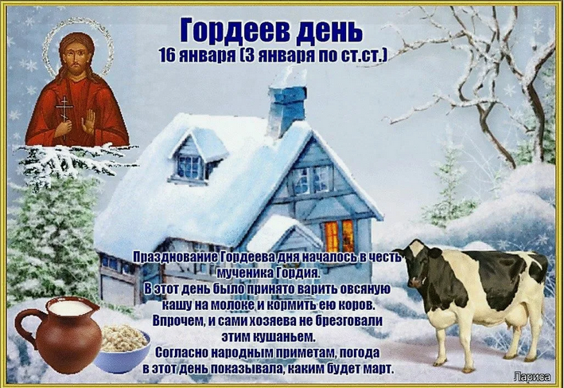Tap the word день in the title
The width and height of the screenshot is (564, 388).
pos(329,31)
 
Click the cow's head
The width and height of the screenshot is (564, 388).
pos(418,267)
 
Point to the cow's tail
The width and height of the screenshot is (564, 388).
pos(543,291)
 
